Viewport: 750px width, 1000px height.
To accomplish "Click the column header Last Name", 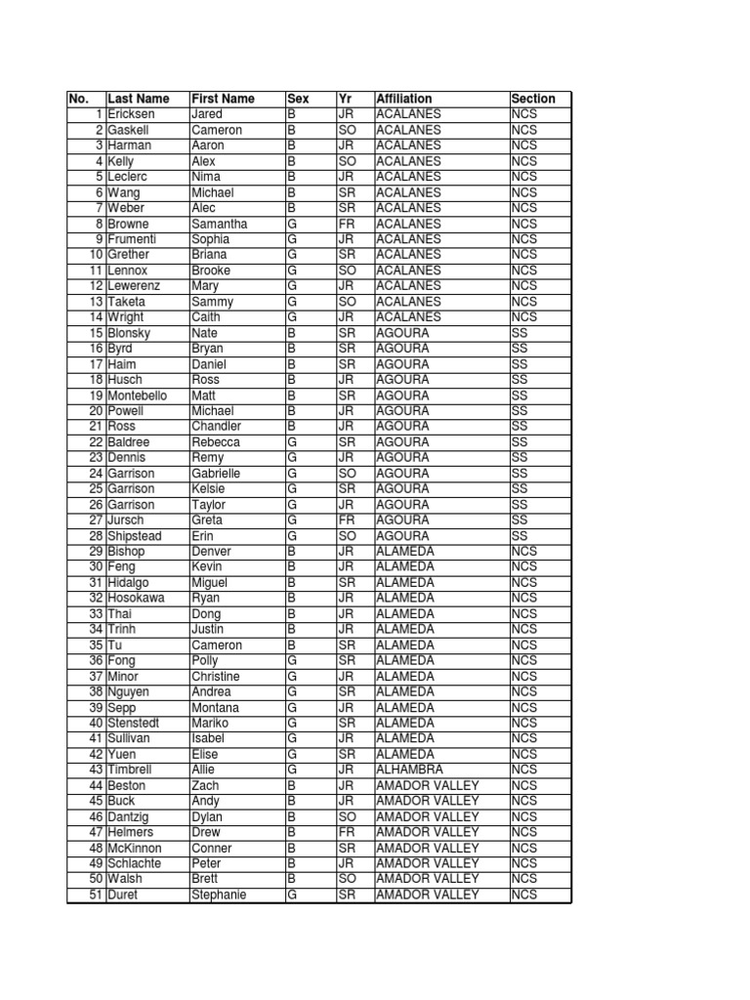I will pos(138,99).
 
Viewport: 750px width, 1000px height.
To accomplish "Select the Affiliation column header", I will pos(403,99).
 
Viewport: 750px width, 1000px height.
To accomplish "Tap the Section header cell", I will pos(533,99).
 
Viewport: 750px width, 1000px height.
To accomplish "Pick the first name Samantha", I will pos(219,224).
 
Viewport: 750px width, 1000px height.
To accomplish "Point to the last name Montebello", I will pos(138,396).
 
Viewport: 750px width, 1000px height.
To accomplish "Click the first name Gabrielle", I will pos(216,474).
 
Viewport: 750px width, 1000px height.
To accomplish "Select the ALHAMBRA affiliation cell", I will pos(409,771).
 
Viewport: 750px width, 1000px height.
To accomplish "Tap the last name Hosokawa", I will pos(136,599).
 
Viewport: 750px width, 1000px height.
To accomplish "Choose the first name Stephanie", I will pos(219,896).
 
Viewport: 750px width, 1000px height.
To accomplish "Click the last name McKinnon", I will pos(135,849).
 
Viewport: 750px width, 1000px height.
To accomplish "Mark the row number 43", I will pos(96,771).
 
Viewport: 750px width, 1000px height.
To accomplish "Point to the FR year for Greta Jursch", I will pos(347,521).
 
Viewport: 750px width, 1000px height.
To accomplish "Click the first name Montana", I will pos(214,708).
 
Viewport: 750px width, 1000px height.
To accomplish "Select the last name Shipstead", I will pos(135,536).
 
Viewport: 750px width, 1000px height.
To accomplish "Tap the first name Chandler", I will pos(216,427).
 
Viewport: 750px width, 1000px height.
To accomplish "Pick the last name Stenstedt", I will pos(134,724).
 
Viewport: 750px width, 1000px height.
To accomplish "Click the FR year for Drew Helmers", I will pos(347,833).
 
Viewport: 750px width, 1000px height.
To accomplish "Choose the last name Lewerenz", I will pos(135,286).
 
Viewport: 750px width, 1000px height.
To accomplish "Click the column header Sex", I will pos(298,99).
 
